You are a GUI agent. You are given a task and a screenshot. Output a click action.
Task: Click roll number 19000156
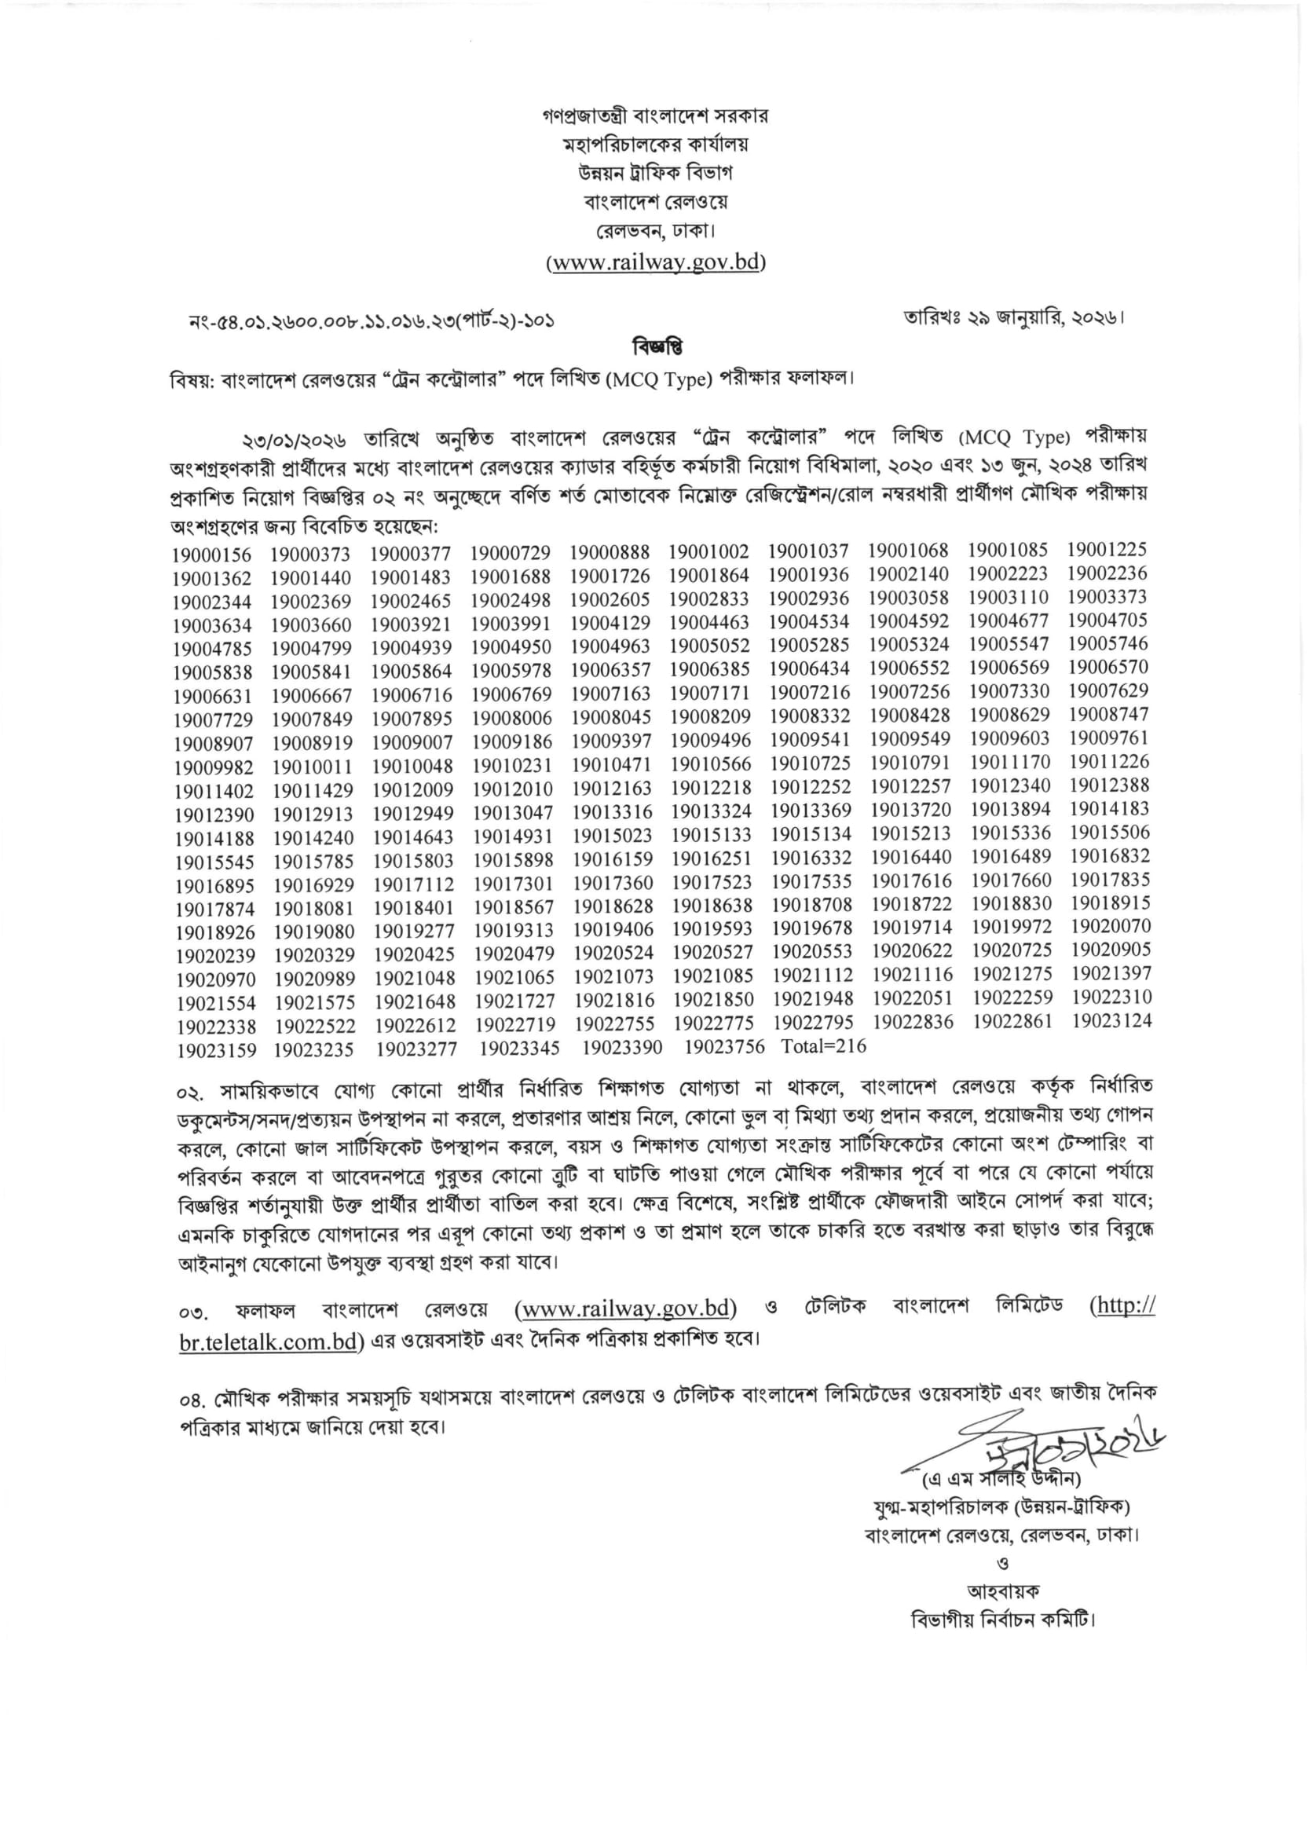point(211,555)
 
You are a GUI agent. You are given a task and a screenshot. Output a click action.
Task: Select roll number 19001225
point(1107,550)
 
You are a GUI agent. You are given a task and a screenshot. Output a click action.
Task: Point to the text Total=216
point(822,1046)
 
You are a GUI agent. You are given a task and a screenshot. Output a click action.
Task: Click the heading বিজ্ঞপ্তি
point(657,348)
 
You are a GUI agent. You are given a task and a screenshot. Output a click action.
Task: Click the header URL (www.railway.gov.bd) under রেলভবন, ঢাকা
point(656,262)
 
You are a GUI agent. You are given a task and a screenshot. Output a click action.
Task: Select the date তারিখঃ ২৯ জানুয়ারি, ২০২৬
point(1013,317)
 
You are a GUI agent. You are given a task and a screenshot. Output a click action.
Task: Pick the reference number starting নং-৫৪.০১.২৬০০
point(372,321)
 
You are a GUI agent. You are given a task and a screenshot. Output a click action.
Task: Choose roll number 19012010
point(512,789)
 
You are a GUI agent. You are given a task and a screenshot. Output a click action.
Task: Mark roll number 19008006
point(511,718)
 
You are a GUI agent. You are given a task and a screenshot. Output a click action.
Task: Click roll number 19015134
point(811,834)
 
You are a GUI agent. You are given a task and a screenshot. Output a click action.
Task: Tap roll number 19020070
point(1110,926)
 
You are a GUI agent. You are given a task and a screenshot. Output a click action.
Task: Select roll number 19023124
point(1111,1020)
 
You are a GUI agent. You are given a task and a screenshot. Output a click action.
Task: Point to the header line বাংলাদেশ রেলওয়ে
point(656,201)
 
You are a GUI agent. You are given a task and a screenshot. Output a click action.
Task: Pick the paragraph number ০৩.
point(194,1314)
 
